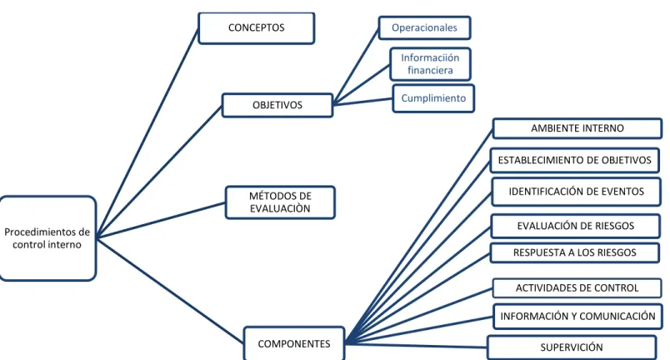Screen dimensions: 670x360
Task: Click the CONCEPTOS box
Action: tap(257, 28)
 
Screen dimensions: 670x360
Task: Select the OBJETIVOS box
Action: tap(277, 105)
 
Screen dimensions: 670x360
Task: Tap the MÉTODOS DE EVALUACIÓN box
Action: tap(280, 202)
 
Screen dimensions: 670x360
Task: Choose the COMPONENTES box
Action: tap(294, 343)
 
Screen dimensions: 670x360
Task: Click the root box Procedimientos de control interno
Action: tap(47, 238)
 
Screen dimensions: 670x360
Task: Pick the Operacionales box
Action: tap(424, 27)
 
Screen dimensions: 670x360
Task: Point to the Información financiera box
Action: tap(430, 64)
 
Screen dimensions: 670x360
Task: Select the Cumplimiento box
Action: tap(433, 98)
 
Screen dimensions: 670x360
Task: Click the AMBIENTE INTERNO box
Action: tap(577, 128)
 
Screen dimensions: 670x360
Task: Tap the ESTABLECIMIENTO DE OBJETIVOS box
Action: tap(575, 160)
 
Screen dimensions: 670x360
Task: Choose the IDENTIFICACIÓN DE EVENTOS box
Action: tap(576, 192)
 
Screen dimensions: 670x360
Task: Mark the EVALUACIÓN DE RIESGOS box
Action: tap(576, 226)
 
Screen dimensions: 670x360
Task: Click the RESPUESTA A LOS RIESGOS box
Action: tap(575, 252)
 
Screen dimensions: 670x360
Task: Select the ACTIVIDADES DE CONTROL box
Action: tap(577, 288)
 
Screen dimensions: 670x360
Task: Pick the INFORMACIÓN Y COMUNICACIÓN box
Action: tap(577, 317)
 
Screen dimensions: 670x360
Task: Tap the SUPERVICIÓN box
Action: tap(572, 347)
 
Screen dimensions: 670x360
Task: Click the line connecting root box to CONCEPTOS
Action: tap(147, 132)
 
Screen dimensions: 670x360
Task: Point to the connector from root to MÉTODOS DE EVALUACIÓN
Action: tap(161, 220)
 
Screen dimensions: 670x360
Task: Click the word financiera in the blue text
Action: tap(430, 71)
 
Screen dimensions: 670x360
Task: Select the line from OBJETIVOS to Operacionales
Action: tap(356, 66)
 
